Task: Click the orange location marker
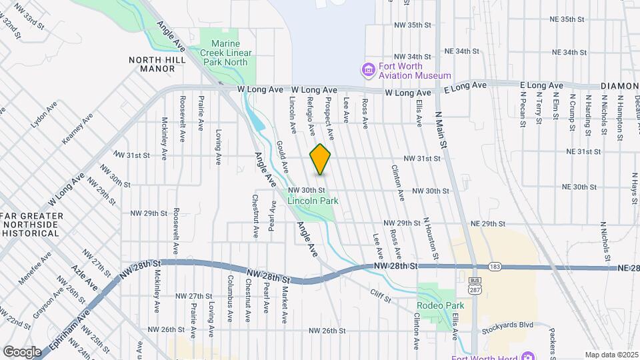click(321, 159)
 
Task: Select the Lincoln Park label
click(313, 200)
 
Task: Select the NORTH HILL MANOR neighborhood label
click(153, 64)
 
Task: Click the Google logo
click(22, 351)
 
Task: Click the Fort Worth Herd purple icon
click(528, 356)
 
